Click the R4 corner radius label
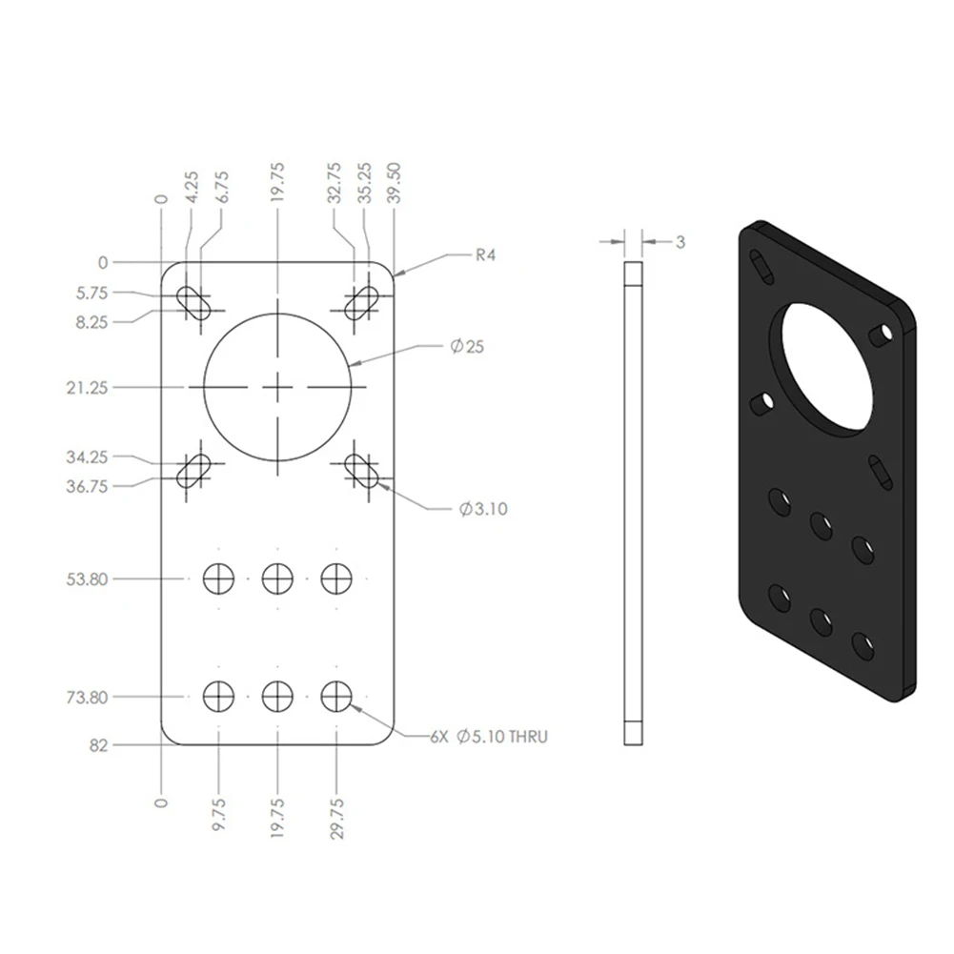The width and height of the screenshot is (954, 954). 485,254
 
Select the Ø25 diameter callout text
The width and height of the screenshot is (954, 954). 467,346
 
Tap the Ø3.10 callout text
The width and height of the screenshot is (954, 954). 482,509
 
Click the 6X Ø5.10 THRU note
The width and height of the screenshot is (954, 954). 489,737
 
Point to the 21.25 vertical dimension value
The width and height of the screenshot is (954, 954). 87,388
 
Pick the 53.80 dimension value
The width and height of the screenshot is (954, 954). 87,578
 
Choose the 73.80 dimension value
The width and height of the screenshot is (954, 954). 87,697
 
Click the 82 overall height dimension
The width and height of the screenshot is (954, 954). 98,745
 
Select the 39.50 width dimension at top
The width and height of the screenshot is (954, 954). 394,183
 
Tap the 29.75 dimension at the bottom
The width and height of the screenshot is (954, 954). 336,819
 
